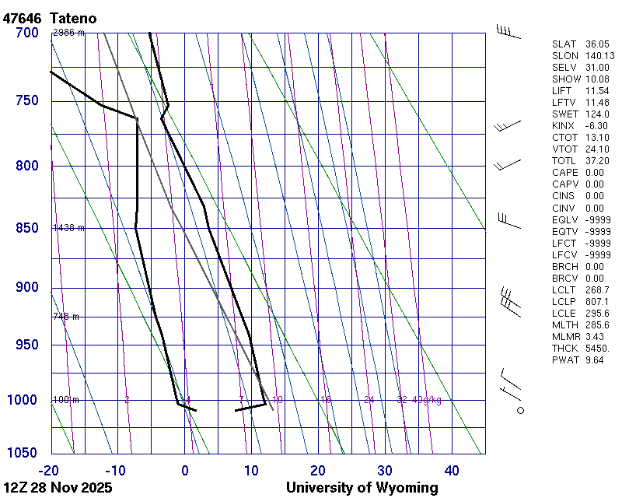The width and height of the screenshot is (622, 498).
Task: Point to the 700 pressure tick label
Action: point(27,33)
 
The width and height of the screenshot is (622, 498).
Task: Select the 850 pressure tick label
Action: point(27,228)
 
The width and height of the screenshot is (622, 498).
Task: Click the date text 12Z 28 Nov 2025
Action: point(58,488)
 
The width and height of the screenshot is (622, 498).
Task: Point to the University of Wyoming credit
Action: point(362,488)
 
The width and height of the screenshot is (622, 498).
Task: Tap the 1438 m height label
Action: point(68,228)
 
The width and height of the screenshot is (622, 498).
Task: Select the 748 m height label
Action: point(66,317)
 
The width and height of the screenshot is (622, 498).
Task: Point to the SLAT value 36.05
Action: point(597,44)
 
